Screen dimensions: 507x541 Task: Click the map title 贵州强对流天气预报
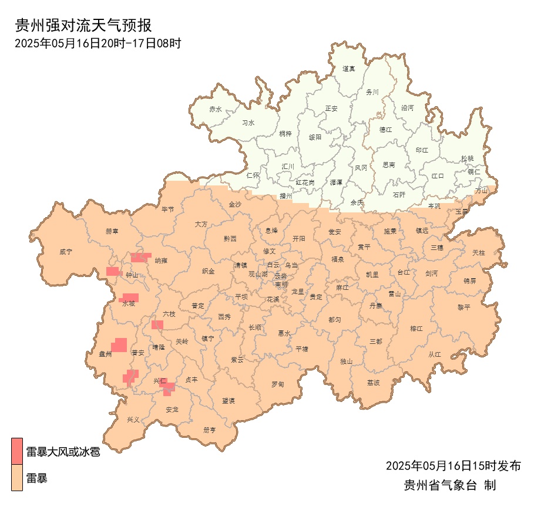coord(84,26)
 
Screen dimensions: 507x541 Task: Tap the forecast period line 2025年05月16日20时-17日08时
coord(98,43)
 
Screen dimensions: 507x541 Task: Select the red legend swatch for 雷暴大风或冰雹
coord(17,451)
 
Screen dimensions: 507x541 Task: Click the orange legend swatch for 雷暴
coord(17,478)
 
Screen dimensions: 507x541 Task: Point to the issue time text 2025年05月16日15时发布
coord(453,466)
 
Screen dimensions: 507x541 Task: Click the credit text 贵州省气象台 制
coord(449,485)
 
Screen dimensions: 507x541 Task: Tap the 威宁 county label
coord(66,252)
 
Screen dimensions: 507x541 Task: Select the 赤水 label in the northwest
coord(216,109)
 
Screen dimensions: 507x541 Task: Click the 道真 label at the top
coord(349,69)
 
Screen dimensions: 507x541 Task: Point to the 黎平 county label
coord(465,307)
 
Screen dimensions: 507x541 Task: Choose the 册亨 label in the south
coord(210,430)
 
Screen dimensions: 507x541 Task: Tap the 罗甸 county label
coord(278,384)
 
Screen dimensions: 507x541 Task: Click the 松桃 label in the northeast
coord(467,158)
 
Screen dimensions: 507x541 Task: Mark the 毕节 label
coord(168,209)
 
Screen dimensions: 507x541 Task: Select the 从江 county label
coord(435,354)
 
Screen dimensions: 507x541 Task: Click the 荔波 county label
coord(374,383)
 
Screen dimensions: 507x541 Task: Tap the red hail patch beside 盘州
coord(120,344)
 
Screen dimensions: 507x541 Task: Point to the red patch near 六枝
coord(157,325)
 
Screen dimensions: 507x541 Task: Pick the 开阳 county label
coord(299,239)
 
